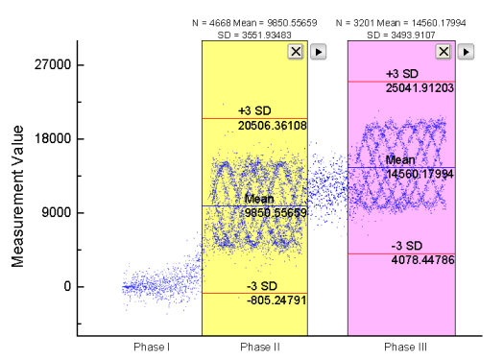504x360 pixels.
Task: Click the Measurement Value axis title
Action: [17, 198]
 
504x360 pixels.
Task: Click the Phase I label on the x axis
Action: [151, 346]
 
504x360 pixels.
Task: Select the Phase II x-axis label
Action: [254, 346]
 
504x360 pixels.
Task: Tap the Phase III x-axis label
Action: [401, 346]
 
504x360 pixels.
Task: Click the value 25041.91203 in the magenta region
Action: [420, 87]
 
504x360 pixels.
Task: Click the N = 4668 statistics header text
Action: [254, 20]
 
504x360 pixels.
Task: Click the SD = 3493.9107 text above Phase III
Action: [400, 35]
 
